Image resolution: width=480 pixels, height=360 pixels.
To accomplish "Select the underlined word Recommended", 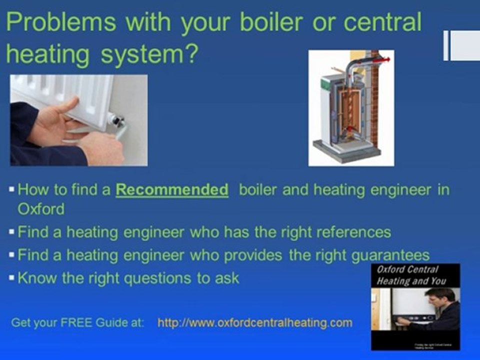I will [x=171, y=190].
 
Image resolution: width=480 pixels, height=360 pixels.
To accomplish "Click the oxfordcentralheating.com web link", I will [x=254, y=322].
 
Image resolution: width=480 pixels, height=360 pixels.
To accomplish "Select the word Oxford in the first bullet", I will [x=40, y=208].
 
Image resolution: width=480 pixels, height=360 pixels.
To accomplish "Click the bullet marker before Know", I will [x=11, y=278].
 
